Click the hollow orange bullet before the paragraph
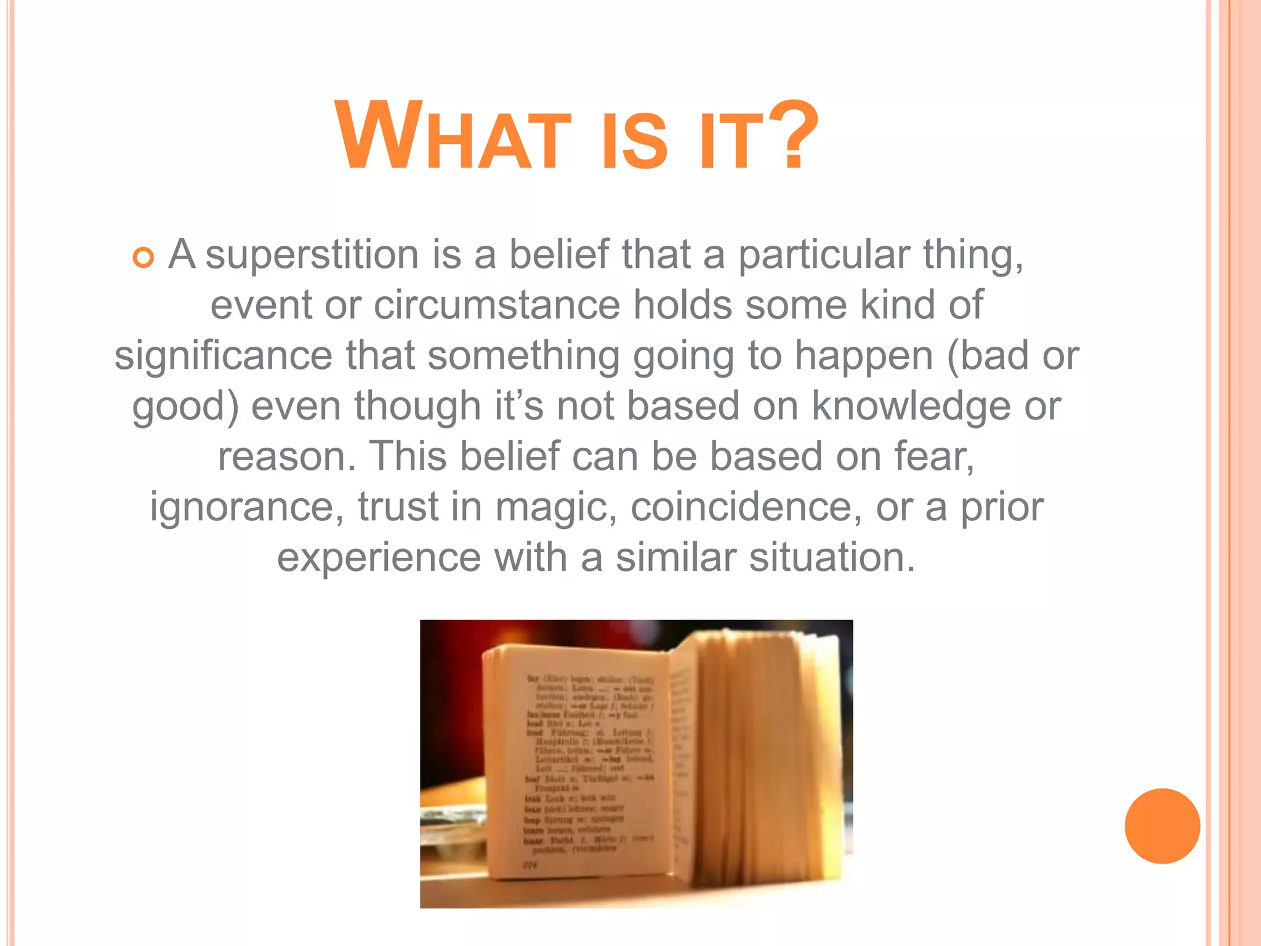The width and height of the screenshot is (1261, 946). click(x=143, y=257)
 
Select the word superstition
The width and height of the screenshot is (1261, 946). click(x=312, y=254)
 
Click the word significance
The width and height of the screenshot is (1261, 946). click(x=223, y=355)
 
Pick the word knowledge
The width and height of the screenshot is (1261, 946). click(x=911, y=406)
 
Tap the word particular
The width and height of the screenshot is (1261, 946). click(x=824, y=256)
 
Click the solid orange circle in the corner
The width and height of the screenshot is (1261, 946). click(x=1162, y=826)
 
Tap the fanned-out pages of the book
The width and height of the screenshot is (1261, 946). click(x=763, y=758)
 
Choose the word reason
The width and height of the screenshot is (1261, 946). click(x=286, y=457)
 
